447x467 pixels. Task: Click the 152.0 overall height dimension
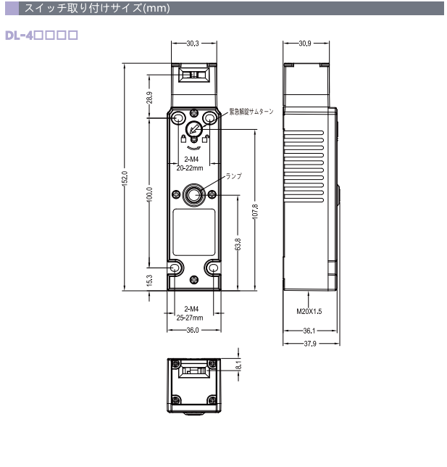125,178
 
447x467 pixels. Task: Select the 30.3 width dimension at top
193,44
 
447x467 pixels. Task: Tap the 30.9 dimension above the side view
305,44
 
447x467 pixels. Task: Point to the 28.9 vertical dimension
149,97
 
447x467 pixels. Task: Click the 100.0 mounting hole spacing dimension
149,194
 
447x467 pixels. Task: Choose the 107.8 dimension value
255,212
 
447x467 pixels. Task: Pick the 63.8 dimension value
238,244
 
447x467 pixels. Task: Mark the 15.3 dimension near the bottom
149,281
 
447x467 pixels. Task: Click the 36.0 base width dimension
193,330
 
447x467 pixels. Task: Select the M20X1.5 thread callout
309,312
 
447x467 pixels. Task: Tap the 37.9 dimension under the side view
310,344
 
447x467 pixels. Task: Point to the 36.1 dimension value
309,331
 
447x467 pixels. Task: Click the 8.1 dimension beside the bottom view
238,365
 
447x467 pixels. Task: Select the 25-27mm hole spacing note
190,318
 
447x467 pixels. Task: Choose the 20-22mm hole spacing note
190,168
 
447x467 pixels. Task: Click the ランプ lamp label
233,176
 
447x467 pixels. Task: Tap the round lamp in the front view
193,195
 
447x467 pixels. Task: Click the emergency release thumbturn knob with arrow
194,129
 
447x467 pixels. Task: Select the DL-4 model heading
42,36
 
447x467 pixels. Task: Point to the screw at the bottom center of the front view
194,279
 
